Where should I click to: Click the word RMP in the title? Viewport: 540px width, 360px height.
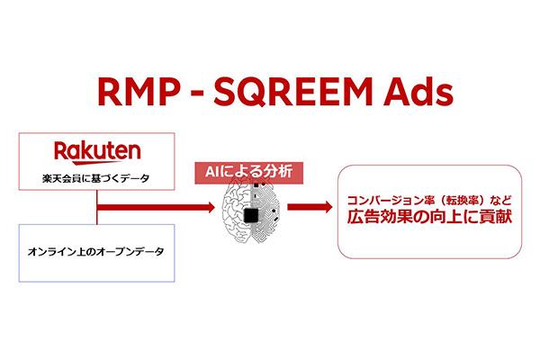click(x=139, y=92)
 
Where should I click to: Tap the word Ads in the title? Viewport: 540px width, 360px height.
click(x=418, y=92)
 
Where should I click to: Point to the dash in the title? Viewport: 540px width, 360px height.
click(x=197, y=94)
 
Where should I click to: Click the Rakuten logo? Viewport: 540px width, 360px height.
click(x=97, y=153)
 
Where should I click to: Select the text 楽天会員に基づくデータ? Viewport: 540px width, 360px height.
click(x=96, y=178)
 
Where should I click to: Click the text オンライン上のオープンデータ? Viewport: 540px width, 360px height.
click(x=95, y=252)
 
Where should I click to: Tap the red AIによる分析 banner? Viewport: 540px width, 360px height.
click(x=249, y=173)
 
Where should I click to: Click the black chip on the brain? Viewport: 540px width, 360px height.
click(x=251, y=215)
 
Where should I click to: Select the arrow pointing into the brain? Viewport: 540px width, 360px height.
click(x=156, y=207)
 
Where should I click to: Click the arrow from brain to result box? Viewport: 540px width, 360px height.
click(x=310, y=207)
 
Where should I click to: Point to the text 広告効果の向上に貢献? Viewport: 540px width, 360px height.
click(x=429, y=217)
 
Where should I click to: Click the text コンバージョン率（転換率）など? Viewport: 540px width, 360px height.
click(x=429, y=201)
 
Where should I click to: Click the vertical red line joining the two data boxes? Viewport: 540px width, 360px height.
click(x=97, y=207)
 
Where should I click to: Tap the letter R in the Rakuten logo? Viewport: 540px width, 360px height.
click(x=61, y=151)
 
